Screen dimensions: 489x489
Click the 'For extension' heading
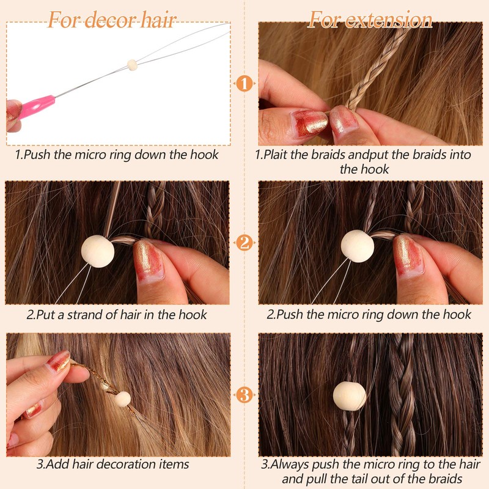click(x=370, y=20)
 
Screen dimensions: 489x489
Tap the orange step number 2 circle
click(x=244, y=243)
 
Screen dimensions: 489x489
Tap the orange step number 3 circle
click(x=244, y=395)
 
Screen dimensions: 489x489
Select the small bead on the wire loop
click(x=131, y=64)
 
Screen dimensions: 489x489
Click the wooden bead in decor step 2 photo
click(x=98, y=251)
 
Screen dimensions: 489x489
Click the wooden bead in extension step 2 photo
click(x=358, y=246)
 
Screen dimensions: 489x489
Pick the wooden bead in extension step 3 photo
click(x=349, y=395)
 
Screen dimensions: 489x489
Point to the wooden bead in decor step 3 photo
click(x=122, y=399)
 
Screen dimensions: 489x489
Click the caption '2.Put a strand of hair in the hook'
click(x=116, y=315)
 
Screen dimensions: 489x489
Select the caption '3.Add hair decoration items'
click(x=112, y=465)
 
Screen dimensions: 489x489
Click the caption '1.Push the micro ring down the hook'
click(x=116, y=155)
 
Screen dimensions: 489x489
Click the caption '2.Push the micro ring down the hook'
click(x=369, y=315)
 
